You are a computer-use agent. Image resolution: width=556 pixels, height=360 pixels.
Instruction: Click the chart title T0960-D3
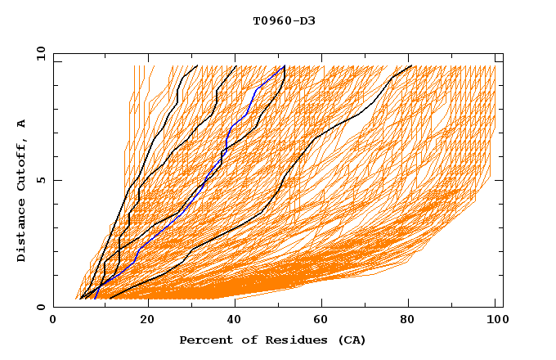(284, 20)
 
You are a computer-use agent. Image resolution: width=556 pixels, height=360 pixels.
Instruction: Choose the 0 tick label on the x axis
(53, 320)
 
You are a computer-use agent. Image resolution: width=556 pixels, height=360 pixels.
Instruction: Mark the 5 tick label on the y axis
(40, 180)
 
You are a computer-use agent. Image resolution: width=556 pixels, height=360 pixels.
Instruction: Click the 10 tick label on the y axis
(38, 53)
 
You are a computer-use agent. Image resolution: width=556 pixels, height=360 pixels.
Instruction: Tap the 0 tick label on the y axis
(40, 307)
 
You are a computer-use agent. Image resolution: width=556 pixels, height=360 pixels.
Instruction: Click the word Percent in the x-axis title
(204, 340)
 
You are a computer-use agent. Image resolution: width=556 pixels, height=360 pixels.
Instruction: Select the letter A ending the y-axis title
(21, 124)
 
